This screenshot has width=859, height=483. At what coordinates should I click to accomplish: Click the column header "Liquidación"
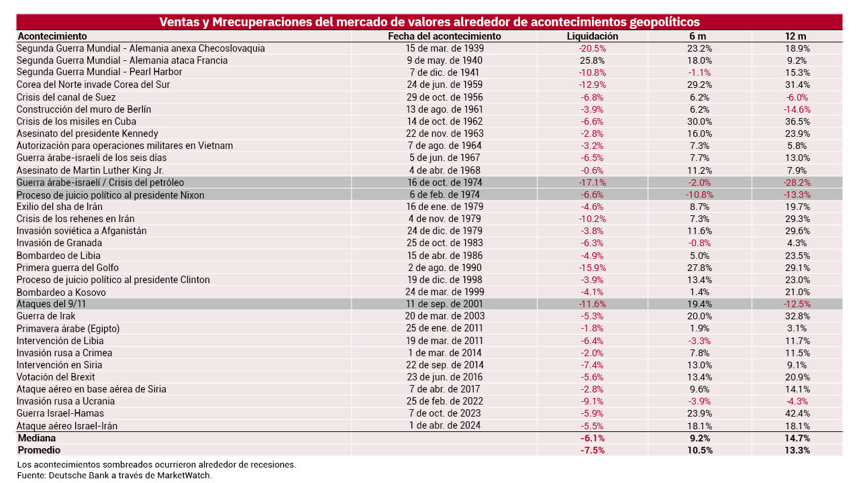click(593, 36)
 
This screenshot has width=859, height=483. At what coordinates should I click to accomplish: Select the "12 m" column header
click(797, 36)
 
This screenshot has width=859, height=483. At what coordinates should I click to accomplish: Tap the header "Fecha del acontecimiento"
click(444, 36)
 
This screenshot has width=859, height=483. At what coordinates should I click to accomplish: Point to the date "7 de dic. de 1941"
click(444, 72)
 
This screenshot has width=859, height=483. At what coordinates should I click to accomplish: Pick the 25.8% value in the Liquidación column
click(593, 60)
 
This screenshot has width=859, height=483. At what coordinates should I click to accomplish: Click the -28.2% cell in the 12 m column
click(797, 182)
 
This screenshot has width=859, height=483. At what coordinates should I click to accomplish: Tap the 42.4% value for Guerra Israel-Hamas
click(797, 413)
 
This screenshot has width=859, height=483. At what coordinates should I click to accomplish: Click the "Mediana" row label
click(36, 438)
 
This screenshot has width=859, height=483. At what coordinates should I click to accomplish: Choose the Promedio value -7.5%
click(593, 450)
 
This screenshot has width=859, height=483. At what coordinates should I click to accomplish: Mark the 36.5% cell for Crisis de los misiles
click(797, 121)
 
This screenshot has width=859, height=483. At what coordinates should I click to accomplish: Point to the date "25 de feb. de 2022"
click(444, 401)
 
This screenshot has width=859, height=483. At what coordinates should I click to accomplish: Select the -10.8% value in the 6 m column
click(699, 195)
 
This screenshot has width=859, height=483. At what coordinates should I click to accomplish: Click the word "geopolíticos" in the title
click(661, 22)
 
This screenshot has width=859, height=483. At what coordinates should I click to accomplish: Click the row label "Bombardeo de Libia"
click(58, 256)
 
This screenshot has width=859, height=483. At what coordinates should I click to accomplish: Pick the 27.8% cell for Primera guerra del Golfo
click(699, 268)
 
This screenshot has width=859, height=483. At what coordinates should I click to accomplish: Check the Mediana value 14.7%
click(797, 438)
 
